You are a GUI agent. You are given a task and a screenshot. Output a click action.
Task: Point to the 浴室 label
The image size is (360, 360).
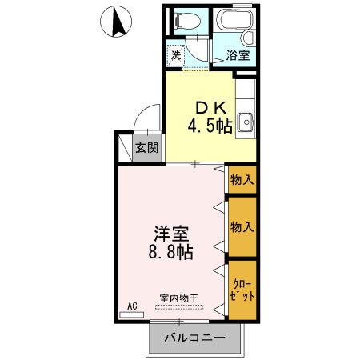tap(237, 56)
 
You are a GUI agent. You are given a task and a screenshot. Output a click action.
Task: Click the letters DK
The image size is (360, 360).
tap(210, 107)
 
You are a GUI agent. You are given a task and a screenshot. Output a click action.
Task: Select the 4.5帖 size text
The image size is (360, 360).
tap(210, 126)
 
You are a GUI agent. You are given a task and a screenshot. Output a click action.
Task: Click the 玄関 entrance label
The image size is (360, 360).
tap(146, 147)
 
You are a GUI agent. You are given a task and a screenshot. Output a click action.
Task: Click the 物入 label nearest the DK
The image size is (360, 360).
tap(241, 180)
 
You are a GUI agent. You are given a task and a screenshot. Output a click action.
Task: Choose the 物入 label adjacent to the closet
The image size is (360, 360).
tap(241, 226)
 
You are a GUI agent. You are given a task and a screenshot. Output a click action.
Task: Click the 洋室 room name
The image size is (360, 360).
tap(172, 234)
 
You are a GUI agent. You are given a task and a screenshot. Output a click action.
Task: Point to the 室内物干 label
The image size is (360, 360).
tap(179, 298)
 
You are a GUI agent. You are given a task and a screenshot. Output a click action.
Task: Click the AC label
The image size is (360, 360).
tap(133, 305)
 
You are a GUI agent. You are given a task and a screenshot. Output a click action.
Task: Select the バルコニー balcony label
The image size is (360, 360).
tap(194, 338)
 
